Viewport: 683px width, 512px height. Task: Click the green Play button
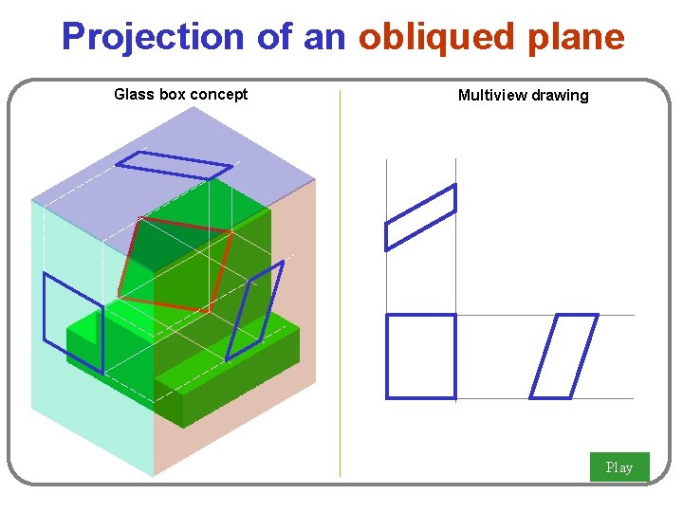pyautogui.click(x=619, y=467)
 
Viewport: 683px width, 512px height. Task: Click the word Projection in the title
pyautogui.click(x=153, y=37)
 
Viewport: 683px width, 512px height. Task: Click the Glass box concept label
pyautogui.click(x=180, y=94)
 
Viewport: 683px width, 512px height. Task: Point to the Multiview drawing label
pyautogui.click(x=523, y=95)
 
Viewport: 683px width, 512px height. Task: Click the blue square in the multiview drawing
pyautogui.click(x=421, y=356)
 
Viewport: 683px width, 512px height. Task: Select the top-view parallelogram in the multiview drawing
pyautogui.click(x=420, y=217)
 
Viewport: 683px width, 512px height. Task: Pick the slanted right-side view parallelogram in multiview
pyautogui.click(x=563, y=356)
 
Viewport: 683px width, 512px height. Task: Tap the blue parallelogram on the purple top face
pyautogui.click(x=174, y=165)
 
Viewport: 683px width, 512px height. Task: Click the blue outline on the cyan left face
pyautogui.click(x=72, y=322)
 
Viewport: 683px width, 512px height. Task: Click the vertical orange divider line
pyautogui.click(x=340, y=284)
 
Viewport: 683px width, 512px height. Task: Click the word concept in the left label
pyautogui.click(x=219, y=94)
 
